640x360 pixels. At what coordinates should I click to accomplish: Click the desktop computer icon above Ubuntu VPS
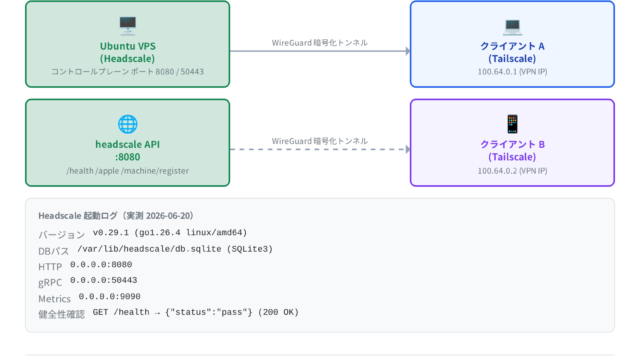(x=128, y=26)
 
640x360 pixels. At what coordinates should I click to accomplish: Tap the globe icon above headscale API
(x=128, y=124)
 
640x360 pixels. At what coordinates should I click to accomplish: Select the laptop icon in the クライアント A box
(x=512, y=26)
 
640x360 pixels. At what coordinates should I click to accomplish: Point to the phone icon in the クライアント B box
(x=512, y=124)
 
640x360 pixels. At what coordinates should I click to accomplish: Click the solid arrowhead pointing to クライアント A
(x=408, y=51)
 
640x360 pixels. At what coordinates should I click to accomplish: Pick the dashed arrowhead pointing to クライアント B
(x=408, y=149)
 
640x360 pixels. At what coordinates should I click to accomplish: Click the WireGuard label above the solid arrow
(x=320, y=43)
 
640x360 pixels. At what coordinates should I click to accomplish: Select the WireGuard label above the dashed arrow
(x=320, y=141)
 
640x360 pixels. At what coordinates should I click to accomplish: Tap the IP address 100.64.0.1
(x=498, y=71)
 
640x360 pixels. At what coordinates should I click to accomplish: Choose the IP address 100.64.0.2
(x=498, y=171)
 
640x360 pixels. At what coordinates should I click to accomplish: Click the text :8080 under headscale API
(x=128, y=157)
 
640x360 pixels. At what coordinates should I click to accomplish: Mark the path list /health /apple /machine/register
(x=128, y=171)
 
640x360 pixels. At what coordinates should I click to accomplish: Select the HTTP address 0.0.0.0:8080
(x=101, y=264)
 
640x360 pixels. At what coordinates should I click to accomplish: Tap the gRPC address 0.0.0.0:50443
(x=103, y=280)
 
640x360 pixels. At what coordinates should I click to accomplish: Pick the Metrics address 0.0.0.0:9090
(x=109, y=296)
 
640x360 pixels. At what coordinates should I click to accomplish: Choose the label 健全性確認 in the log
(x=62, y=314)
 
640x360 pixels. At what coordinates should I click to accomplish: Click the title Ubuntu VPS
(x=128, y=46)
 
